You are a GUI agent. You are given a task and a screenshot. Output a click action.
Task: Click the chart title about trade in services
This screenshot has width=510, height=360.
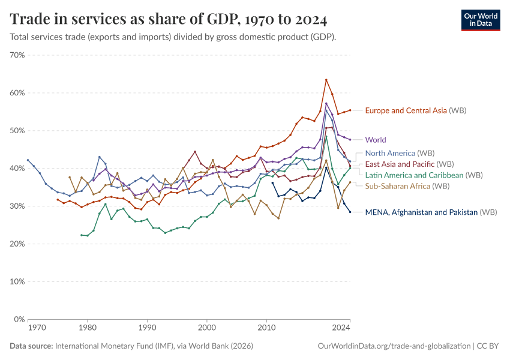pyautogui.click(x=169, y=19)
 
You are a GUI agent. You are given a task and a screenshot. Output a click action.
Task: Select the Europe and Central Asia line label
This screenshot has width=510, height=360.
pyautogui.click(x=415, y=110)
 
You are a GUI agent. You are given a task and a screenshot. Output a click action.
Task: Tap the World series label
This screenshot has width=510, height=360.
pyautogui.click(x=376, y=140)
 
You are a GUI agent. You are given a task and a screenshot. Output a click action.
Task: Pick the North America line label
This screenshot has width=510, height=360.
pyautogui.click(x=399, y=153)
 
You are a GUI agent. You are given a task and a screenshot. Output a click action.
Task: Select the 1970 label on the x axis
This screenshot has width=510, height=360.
pyautogui.click(x=37, y=328)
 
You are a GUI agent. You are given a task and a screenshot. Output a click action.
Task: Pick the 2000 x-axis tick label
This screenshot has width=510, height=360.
pyautogui.click(x=207, y=328)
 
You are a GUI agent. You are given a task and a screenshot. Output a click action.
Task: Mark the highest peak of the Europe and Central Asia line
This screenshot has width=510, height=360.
pyautogui.click(x=326, y=80)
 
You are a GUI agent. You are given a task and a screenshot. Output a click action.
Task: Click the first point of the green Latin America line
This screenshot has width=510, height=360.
pyautogui.click(x=82, y=235)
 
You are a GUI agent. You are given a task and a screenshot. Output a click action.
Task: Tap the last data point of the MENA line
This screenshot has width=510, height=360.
pyautogui.click(x=350, y=212)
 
